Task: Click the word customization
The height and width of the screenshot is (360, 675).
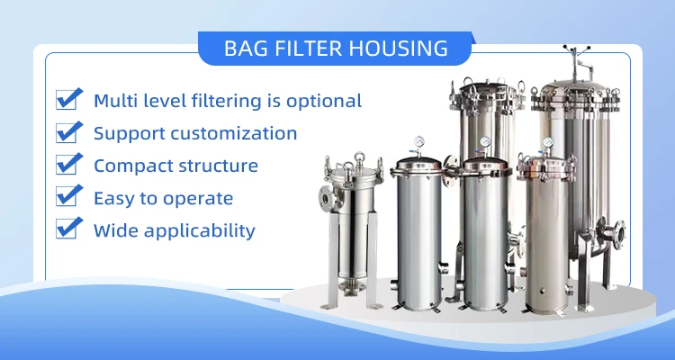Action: (x=234, y=133)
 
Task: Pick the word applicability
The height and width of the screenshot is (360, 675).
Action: (x=199, y=230)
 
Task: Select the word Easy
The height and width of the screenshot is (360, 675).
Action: (x=114, y=199)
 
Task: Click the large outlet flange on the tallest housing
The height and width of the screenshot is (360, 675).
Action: (x=618, y=235)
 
